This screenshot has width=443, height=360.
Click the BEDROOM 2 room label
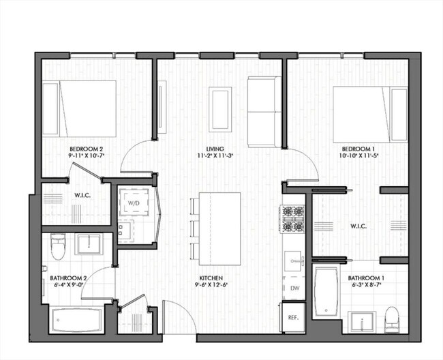[86, 149]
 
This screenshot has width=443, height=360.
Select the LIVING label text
[216, 149]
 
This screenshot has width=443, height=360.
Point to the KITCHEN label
[209, 278]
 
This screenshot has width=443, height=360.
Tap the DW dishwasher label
[294, 289]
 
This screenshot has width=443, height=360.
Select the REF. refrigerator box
[294, 318]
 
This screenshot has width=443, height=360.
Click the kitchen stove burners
[294, 220]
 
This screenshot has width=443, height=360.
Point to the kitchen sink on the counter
[294, 260]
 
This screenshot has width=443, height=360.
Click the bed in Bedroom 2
[79, 109]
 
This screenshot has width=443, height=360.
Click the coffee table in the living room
[220, 109]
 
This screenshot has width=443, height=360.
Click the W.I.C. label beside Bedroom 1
[359, 226]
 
